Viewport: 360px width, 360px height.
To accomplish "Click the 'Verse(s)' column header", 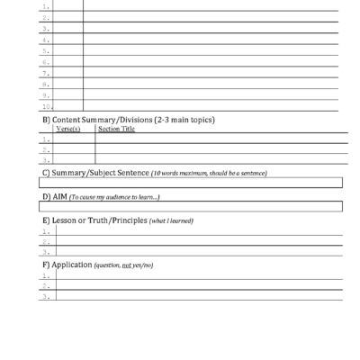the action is tap(69, 129).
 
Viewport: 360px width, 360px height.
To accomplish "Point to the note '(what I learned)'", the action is tap(171, 221).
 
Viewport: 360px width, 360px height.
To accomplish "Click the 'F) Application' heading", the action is tap(67, 265).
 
